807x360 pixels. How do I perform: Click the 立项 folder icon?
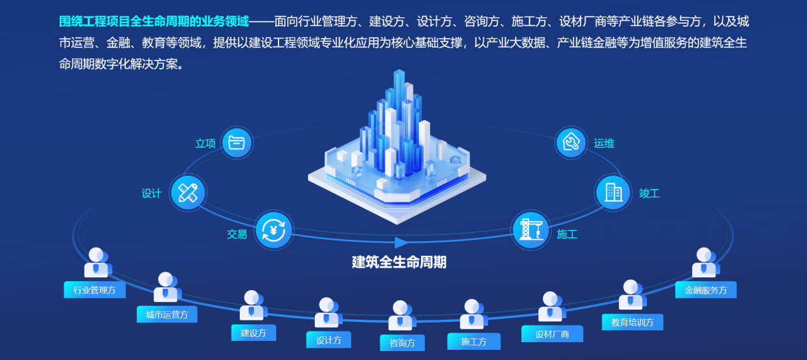(x=237, y=142)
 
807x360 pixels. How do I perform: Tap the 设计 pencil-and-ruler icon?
(x=188, y=192)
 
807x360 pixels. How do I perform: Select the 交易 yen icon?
(x=274, y=230)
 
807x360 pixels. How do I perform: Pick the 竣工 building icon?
(x=614, y=192)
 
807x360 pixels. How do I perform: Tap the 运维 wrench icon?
(x=571, y=142)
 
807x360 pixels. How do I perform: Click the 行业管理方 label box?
(x=95, y=290)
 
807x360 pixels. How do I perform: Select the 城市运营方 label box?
(x=167, y=314)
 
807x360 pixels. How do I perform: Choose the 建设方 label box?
(x=253, y=332)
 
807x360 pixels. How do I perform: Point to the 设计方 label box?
(x=329, y=340)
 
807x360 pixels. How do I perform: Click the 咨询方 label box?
(x=402, y=343)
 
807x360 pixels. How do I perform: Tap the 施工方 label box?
(x=474, y=342)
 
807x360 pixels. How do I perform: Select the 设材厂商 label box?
(x=552, y=334)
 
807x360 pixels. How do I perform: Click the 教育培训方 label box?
(x=632, y=322)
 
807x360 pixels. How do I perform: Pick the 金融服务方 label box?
(x=706, y=290)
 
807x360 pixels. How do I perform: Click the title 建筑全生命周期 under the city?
(x=399, y=261)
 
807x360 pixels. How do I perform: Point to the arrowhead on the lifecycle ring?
(x=401, y=242)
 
